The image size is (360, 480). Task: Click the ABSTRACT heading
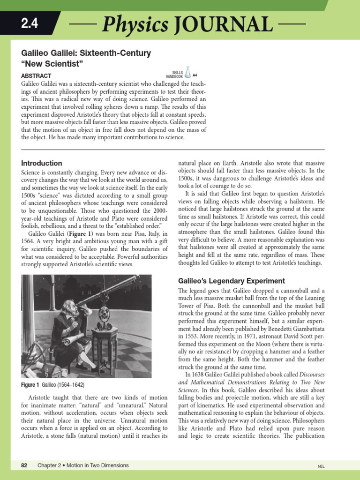pos(37,75)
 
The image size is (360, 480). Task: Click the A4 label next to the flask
pos(195,75)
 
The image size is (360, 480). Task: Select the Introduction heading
pos(42,163)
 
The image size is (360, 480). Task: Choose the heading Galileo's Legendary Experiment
pos(232,281)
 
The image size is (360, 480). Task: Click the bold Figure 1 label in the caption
pos(30,385)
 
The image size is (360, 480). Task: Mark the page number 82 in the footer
pos(24,465)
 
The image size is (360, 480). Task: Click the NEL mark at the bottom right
pos(321,466)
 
